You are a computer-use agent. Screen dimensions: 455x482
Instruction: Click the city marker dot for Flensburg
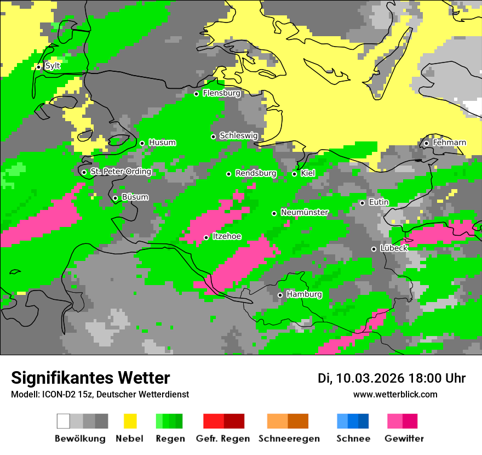(x=196, y=94)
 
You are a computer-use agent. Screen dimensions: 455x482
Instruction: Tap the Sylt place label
(x=53, y=66)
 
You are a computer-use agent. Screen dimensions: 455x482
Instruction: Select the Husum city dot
(x=142, y=143)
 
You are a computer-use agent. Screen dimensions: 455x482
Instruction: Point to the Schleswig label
(x=238, y=135)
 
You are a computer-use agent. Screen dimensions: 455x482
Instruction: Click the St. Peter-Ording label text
(x=120, y=172)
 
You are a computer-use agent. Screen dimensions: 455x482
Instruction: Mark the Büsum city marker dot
(x=115, y=198)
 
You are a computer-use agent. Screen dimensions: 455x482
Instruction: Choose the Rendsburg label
(x=256, y=173)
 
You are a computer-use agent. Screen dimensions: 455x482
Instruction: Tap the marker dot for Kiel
(x=294, y=174)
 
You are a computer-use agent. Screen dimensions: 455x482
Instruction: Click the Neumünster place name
(x=305, y=212)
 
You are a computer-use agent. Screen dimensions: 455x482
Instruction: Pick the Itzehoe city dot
(x=206, y=237)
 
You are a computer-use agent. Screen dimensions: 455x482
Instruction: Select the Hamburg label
(x=304, y=294)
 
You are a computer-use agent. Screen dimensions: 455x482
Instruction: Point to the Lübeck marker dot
(x=374, y=249)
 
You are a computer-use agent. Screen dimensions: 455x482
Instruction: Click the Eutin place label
(x=378, y=202)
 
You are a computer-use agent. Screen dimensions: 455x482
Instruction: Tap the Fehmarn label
(x=449, y=143)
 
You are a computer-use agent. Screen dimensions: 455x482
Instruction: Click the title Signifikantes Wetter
(x=90, y=378)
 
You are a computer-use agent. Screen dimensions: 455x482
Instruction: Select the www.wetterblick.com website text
(x=395, y=394)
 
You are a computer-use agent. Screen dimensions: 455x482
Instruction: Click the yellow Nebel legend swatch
(x=130, y=421)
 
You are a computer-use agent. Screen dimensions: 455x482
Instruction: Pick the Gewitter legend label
(x=404, y=439)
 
